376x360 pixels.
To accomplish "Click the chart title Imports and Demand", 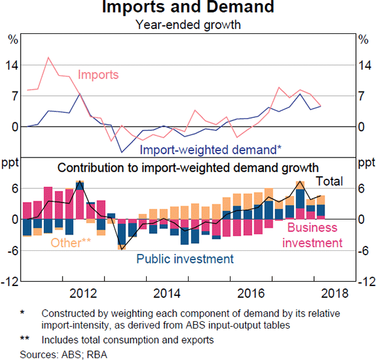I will [187, 8].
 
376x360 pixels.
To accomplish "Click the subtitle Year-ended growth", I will [187, 25].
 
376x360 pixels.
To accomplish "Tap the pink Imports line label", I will [98, 75].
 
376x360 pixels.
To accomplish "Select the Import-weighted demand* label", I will [211, 150].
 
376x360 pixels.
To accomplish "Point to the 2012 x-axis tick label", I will [83, 294].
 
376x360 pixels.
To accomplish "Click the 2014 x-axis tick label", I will [167, 294].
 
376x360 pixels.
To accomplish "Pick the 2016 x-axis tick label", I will [251, 294].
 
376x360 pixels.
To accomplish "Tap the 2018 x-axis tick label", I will [335, 294].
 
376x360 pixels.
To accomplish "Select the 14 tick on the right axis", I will [363, 65].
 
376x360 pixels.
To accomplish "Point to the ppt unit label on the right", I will [364, 164].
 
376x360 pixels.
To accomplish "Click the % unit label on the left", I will [13, 40].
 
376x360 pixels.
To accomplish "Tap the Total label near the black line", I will [329, 181].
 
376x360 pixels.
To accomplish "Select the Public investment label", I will [185, 259].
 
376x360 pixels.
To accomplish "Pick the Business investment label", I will [312, 235].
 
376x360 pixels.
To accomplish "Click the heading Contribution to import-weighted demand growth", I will [188, 167].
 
